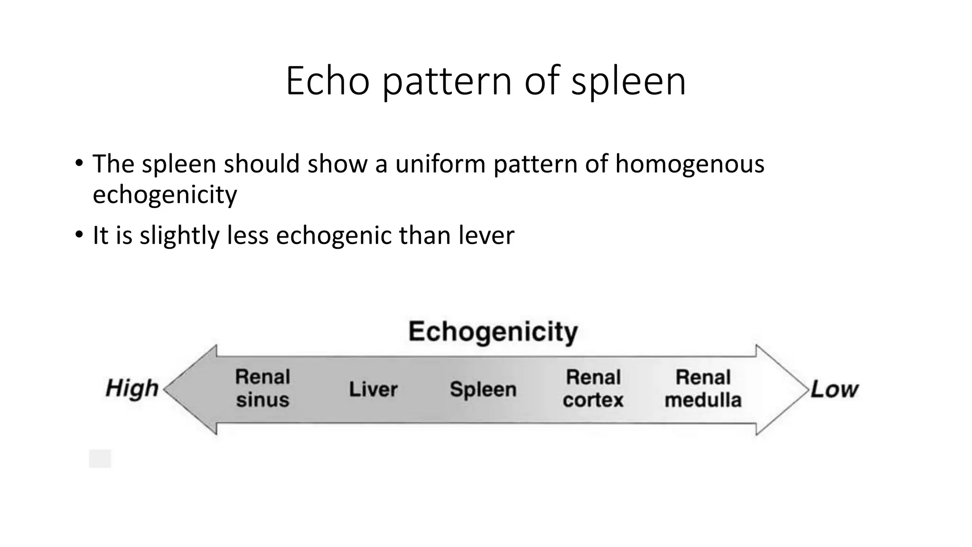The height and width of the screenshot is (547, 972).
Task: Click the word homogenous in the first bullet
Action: (x=690, y=164)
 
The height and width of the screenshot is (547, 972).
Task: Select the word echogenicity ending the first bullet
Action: (x=165, y=195)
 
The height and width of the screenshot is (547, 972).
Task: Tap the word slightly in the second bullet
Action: (x=179, y=236)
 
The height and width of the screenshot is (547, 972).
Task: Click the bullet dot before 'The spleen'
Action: (x=79, y=163)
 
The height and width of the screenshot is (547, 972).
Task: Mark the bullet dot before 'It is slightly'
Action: (x=79, y=235)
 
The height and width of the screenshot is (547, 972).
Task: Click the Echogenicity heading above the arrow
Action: (x=493, y=331)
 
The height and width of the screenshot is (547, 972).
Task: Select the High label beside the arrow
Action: (x=132, y=388)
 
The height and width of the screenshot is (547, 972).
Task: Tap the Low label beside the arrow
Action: (x=834, y=389)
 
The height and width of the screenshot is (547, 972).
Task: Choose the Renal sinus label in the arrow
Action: (x=262, y=388)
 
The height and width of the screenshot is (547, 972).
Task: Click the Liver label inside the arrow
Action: (x=373, y=389)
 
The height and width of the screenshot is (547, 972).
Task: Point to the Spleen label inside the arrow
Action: (x=483, y=389)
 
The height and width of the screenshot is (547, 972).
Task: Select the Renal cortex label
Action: (x=593, y=388)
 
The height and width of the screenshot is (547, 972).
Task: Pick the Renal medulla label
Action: (x=703, y=388)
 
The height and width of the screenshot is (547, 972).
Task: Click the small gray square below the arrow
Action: (x=100, y=459)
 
